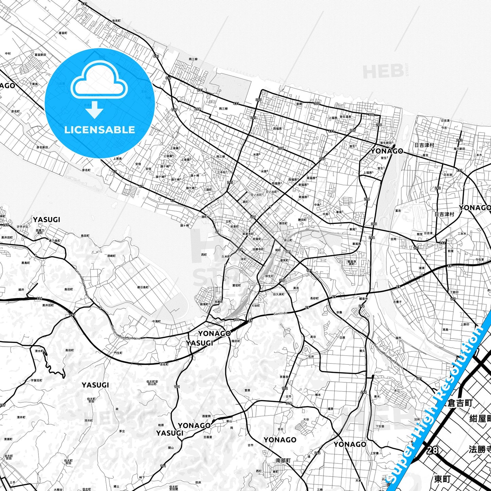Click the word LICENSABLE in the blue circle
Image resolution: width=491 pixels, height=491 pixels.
(100, 129)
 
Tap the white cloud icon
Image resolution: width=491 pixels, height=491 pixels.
(99, 81)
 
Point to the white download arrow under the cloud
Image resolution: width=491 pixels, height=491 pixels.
(94, 110)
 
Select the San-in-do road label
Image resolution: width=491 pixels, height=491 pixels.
(280, 314)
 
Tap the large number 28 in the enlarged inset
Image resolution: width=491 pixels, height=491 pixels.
(432, 450)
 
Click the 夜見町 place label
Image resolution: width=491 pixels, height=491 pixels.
(116, 21)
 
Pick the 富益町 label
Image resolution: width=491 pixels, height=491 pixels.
(63, 33)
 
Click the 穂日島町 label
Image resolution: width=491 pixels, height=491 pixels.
(143, 287)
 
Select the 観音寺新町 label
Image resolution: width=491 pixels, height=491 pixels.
(351, 262)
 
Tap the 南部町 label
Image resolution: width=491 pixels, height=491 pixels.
(283, 461)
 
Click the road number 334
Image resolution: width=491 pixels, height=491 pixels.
(39, 298)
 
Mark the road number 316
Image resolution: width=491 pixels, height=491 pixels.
(288, 403)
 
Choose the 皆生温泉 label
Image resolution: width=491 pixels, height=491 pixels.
(345, 117)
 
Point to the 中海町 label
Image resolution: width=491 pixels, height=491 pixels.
(156, 321)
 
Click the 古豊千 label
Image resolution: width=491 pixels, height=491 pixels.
(397, 302)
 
